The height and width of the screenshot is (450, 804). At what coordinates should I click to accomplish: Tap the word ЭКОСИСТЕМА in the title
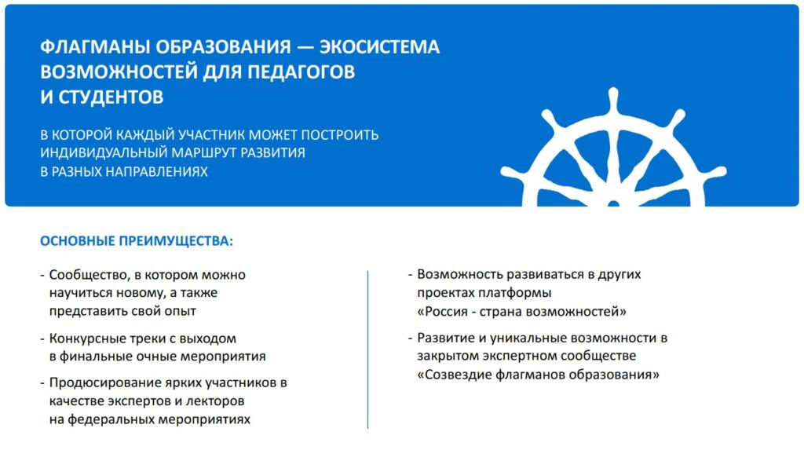(379, 47)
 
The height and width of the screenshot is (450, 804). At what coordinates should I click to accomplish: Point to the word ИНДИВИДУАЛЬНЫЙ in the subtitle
(104, 153)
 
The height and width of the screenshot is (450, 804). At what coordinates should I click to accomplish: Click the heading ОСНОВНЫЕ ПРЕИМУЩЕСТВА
(137, 241)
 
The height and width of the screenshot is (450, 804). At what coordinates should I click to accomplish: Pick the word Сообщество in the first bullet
(90, 275)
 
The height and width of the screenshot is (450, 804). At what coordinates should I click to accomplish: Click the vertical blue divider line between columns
(367, 349)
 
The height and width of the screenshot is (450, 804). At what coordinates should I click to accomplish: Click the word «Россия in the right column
(443, 312)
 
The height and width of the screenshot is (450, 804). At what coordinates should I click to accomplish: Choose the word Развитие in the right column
(448, 338)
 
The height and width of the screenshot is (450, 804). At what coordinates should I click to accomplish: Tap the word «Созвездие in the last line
(455, 375)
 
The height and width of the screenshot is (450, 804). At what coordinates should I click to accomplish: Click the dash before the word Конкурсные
(42, 339)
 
